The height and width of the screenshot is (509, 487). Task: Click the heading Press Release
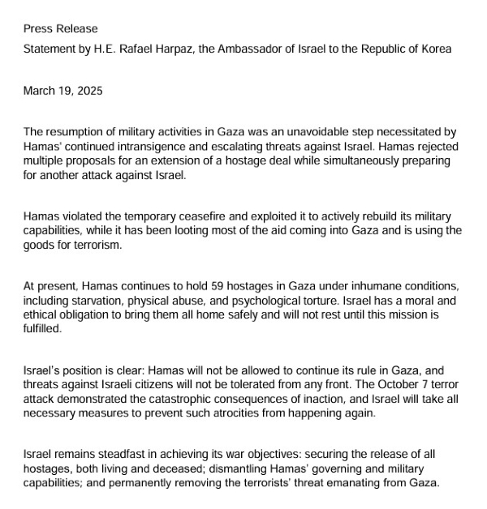(60, 29)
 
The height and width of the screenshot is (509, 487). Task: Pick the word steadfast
(123, 456)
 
